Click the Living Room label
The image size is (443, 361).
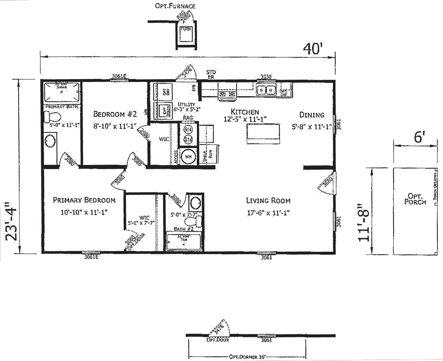pyautogui.click(x=268, y=200)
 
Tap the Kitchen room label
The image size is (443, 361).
pyautogui.click(x=245, y=112)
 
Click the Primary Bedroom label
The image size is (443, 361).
pyautogui.click(x=84, y=200)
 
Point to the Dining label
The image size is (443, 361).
pyautogui.click(x=312, y=115)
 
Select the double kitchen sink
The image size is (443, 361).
pyautogui.click(x=265, y=90)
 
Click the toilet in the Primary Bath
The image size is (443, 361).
pyautogui.click(x=51, y=117)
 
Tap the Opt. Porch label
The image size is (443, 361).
pyautogui.click(x=415, y=198)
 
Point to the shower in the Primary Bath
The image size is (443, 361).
pyautogui.click(x=61, y=92)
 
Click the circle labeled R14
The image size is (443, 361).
pyautogui.click(x=188, y=130)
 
